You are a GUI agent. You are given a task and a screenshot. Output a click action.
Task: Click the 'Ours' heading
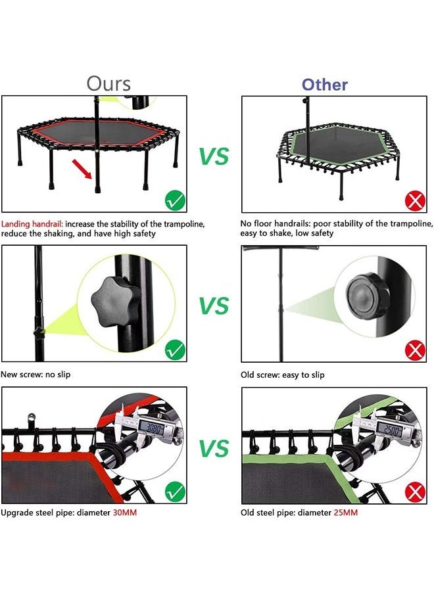[108, 84]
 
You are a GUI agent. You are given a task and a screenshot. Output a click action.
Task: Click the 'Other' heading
[325, 85]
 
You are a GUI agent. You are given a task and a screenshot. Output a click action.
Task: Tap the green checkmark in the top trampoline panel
[174, 198]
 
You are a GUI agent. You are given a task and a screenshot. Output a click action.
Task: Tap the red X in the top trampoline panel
[414, 200]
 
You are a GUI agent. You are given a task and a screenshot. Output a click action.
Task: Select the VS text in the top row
[214, 156]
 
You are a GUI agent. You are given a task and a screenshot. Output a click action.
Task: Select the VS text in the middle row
[214, 306]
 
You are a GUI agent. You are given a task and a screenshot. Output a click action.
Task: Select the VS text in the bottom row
[214, 449]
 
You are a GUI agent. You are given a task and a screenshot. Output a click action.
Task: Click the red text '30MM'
[125, 512]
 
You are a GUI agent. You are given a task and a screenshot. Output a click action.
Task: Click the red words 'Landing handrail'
[32, 224]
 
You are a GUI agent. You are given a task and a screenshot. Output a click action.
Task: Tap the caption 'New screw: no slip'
[36, 375]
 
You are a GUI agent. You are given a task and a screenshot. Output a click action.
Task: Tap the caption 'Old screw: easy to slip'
[282, 375]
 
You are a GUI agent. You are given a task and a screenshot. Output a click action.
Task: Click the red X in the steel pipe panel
[414, 491]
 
